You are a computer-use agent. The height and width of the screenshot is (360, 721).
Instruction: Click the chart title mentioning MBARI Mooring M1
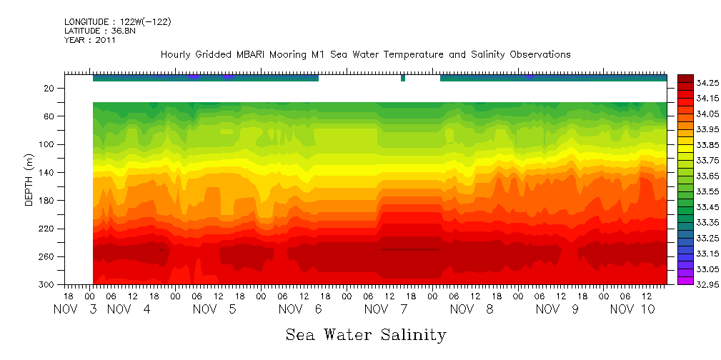[x=365, y=54]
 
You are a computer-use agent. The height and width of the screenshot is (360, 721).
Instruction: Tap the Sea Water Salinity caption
[x=366, y=334]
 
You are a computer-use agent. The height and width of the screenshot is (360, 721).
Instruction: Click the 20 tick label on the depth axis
[x=50, y=89]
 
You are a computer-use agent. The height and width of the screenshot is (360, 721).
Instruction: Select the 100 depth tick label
[x=48, y=144]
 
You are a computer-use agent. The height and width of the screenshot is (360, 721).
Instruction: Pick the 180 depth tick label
[x=48, y=201]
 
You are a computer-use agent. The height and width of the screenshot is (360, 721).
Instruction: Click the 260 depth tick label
[x=48, y=256]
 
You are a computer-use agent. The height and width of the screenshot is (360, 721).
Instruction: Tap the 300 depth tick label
[x=48, y=285]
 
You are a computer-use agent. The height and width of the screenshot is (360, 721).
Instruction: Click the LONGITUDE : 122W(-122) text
[x=117, y=21]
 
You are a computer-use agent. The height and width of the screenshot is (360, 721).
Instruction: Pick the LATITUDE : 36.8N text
[x=99, y=31]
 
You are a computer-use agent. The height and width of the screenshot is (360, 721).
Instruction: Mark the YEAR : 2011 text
[x=90, y=40]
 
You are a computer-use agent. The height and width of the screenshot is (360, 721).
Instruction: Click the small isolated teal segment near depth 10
[x=403, y=79]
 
